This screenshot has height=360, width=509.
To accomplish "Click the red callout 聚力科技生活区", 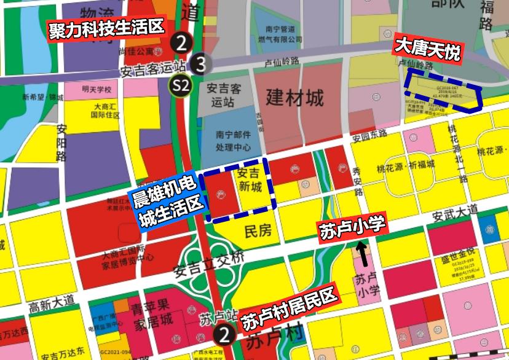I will tap(108, 28).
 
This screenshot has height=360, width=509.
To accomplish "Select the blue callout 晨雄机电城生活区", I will tap(166, 200).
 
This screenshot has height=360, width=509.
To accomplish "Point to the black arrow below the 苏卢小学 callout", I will tap(363, 252).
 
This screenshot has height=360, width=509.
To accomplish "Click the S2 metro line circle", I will tap(181, 85).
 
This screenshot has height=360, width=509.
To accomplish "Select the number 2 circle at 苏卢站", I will tap(224, 335).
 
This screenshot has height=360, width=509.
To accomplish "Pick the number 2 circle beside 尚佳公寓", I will tap(181, 42).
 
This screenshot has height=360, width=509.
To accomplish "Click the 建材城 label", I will tap(294, 97).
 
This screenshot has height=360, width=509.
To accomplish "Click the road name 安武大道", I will tap(454, 213).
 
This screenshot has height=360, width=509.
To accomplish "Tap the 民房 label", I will tap(258, 232).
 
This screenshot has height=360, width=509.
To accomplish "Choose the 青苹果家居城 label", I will tap(151, 315).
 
